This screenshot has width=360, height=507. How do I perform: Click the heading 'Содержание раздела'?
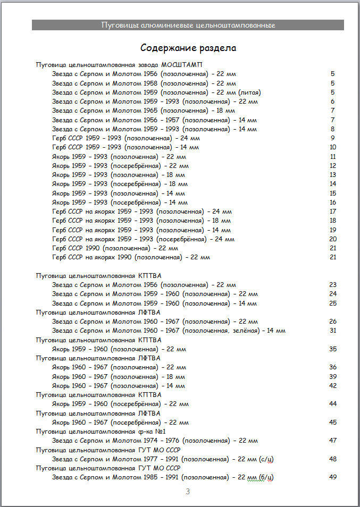[x=188, y=48]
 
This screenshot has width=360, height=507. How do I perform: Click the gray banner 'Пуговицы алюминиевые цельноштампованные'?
[x=188, y=25]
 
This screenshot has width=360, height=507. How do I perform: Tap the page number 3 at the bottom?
[x=188, y=492]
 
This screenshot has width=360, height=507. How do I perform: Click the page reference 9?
[x=332, y=138]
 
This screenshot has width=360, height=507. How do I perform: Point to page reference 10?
[x=332, y=147]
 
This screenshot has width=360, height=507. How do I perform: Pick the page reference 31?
[x=333, y=331]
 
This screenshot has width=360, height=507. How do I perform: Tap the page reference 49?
[x=333, y=477]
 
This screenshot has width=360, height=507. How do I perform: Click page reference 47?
[x=333, y=441]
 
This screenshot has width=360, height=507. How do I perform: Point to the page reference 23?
[x=333, y=285]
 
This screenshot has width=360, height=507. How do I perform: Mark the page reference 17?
[x=333, y=212]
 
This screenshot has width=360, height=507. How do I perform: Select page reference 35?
[x=333, y=349]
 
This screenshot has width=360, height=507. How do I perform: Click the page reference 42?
[x=333, y=385]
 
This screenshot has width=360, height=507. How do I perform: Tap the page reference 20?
[x=333, y=239]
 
